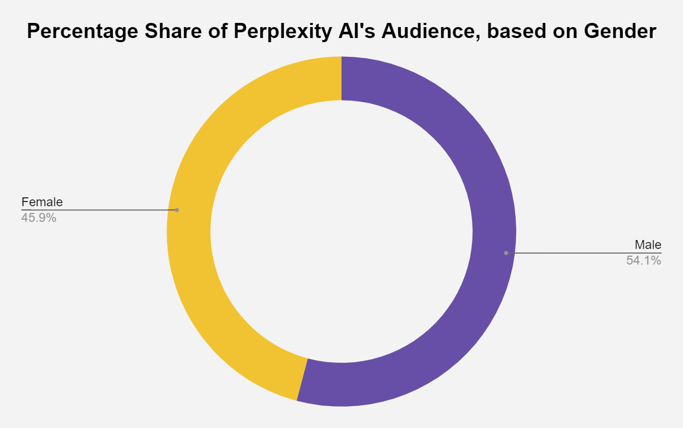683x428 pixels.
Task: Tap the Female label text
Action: [42, 202]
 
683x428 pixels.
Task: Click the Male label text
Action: [648, 245]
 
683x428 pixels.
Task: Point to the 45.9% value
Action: [38, 218]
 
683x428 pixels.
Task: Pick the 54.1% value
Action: [643, 260]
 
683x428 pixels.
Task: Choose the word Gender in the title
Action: [620, 32]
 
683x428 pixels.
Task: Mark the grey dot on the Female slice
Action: [177, 210]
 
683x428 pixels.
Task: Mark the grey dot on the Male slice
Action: [506, 253]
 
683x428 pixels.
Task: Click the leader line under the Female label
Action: [99, 210]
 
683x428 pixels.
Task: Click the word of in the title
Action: [214, 32]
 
